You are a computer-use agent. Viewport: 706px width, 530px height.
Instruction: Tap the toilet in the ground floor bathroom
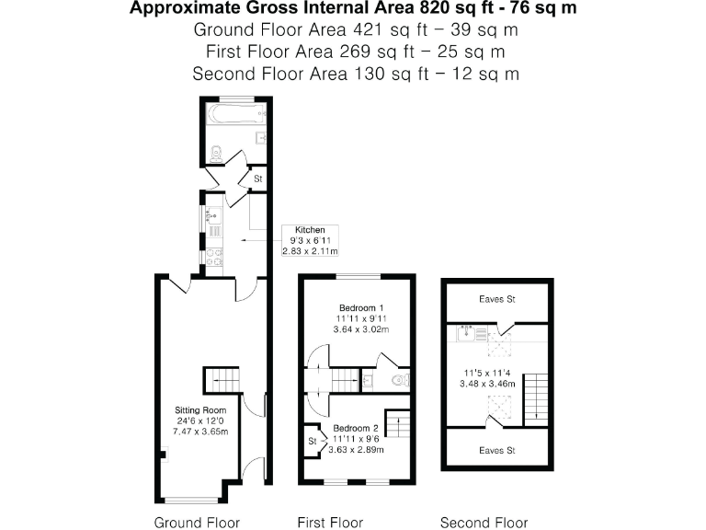click(x=214, y=155)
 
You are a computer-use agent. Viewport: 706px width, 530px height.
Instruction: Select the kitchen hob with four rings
click(x=214, y=257)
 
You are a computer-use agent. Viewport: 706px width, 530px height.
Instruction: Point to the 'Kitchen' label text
click(x=310, y=230)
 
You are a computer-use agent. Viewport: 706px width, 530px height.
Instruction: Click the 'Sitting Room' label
click(x=200, y=409)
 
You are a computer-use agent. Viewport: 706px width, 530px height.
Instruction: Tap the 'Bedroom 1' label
click(x=360, y=307)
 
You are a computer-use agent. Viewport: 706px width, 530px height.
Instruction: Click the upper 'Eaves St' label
click(x=497, y=299)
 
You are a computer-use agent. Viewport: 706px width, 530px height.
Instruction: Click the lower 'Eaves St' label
click(x=497, y=451)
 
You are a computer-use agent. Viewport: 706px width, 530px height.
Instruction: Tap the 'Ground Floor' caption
click(x=197, y=523)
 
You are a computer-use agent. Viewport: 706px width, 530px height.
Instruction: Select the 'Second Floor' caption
click(x=484, y=523)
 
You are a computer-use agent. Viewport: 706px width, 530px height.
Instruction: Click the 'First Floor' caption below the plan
click(x=330, y=523)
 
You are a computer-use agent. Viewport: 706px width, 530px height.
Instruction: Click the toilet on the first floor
click(x=399, y=379)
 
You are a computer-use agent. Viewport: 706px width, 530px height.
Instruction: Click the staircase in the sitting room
click(x=221, y=378)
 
